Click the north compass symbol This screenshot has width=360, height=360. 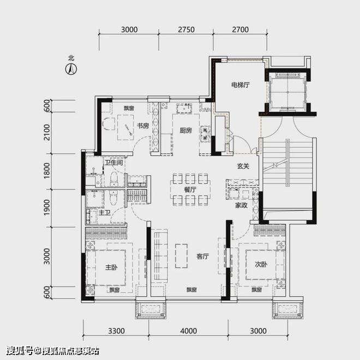(x=71, y=69)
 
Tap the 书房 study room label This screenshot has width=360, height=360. (x=143, y=126)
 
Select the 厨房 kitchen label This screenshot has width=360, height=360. (x=185, y=130)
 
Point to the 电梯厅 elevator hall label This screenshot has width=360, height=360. (x=241, y=85)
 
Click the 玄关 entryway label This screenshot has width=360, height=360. (x=243, y=166)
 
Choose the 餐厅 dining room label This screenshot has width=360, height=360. (x=190, y=190)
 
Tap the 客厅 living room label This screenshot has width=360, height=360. (x=202, y=256)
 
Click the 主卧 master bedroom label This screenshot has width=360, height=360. (x=111, y=267)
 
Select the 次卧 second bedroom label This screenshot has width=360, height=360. (x=261, y=265)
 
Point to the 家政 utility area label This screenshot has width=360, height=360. (x=241, y=205)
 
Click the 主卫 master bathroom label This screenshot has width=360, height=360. (x=105, y=213)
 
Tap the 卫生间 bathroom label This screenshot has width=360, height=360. (x=113, y=163)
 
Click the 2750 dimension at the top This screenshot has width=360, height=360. (x=186, y=29)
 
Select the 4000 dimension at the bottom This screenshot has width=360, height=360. (x=189, y=331)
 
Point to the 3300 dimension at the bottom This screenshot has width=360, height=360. (x=116, y=331)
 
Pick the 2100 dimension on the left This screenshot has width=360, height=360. (x=47, y=132)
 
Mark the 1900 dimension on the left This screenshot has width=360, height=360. (x=47, y=207)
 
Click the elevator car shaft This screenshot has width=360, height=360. (x=287, y=92)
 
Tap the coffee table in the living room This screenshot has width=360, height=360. (x=182, y=256)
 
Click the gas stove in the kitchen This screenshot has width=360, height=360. (x=205, y=134)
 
